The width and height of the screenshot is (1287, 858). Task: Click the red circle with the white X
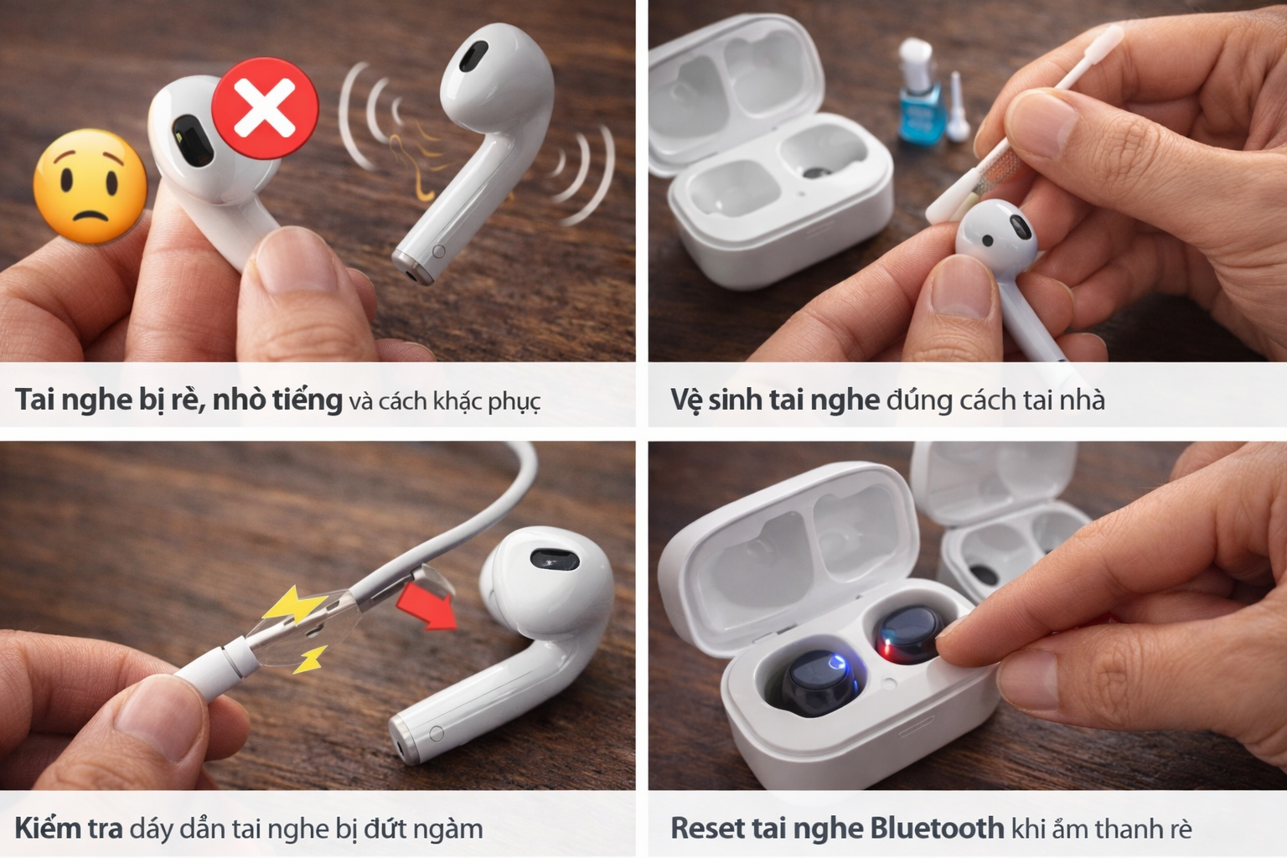(265, 108)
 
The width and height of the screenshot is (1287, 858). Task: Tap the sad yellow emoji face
(90, 186)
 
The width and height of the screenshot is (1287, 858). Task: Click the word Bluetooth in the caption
(937, 828)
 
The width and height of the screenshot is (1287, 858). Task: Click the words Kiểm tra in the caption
(69, 828)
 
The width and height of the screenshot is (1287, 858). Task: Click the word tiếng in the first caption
(308, 399)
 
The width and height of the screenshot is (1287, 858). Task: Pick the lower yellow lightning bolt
(310, 659)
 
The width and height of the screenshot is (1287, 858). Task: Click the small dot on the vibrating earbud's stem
(438, 251)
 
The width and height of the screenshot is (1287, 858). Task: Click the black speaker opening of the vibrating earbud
(474, 57)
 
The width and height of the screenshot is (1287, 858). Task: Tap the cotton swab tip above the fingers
(1104, 37)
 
